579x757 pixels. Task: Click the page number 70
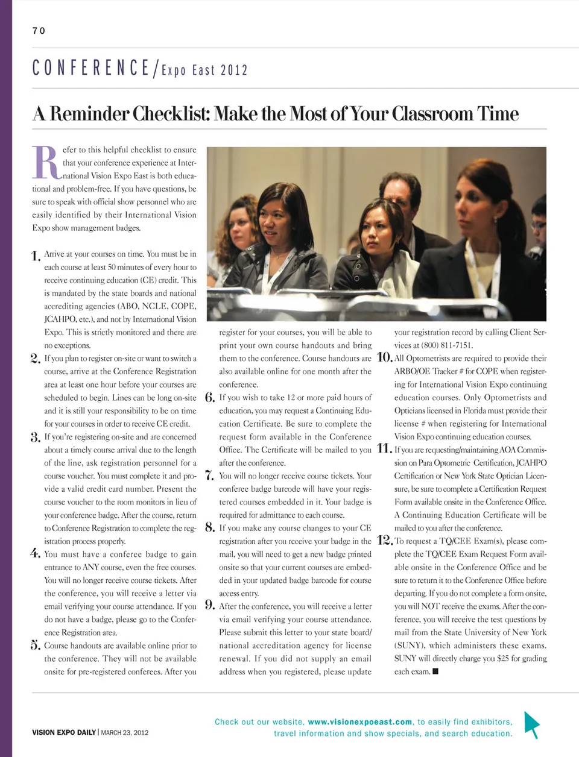point(39,31)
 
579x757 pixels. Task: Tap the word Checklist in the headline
point(170,113)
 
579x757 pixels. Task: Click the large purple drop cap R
point(46,163)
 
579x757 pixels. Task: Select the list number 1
point(36,256)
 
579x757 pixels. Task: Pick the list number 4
point(36,554)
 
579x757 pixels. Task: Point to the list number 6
point(210,398)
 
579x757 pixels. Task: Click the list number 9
point(210,606)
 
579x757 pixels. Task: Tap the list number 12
point(384,541)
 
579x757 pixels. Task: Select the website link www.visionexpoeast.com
point(360,721)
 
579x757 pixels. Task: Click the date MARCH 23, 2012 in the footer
point(125,733)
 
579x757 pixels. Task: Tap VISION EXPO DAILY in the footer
point(64,733)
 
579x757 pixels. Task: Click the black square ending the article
point(435,671)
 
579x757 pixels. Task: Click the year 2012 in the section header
point(234,70)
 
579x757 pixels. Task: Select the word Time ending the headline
point(498,113)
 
